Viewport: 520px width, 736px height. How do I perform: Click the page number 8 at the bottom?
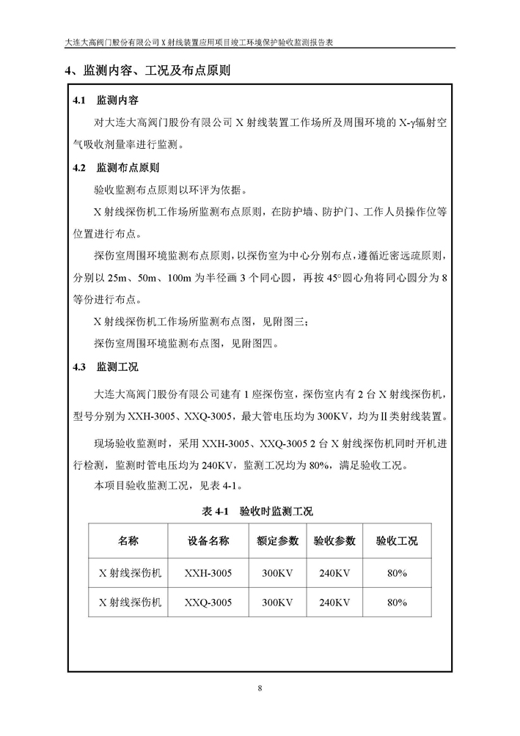point(260,688)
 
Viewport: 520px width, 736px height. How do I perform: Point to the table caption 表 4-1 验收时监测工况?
point(260,511)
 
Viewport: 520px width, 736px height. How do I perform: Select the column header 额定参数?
point(277,542)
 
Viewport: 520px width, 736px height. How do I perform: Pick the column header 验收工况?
point(397,542)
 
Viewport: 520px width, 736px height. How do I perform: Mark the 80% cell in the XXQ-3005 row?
point(397,603)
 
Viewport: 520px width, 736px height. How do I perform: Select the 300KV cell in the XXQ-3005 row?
point(277,603)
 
